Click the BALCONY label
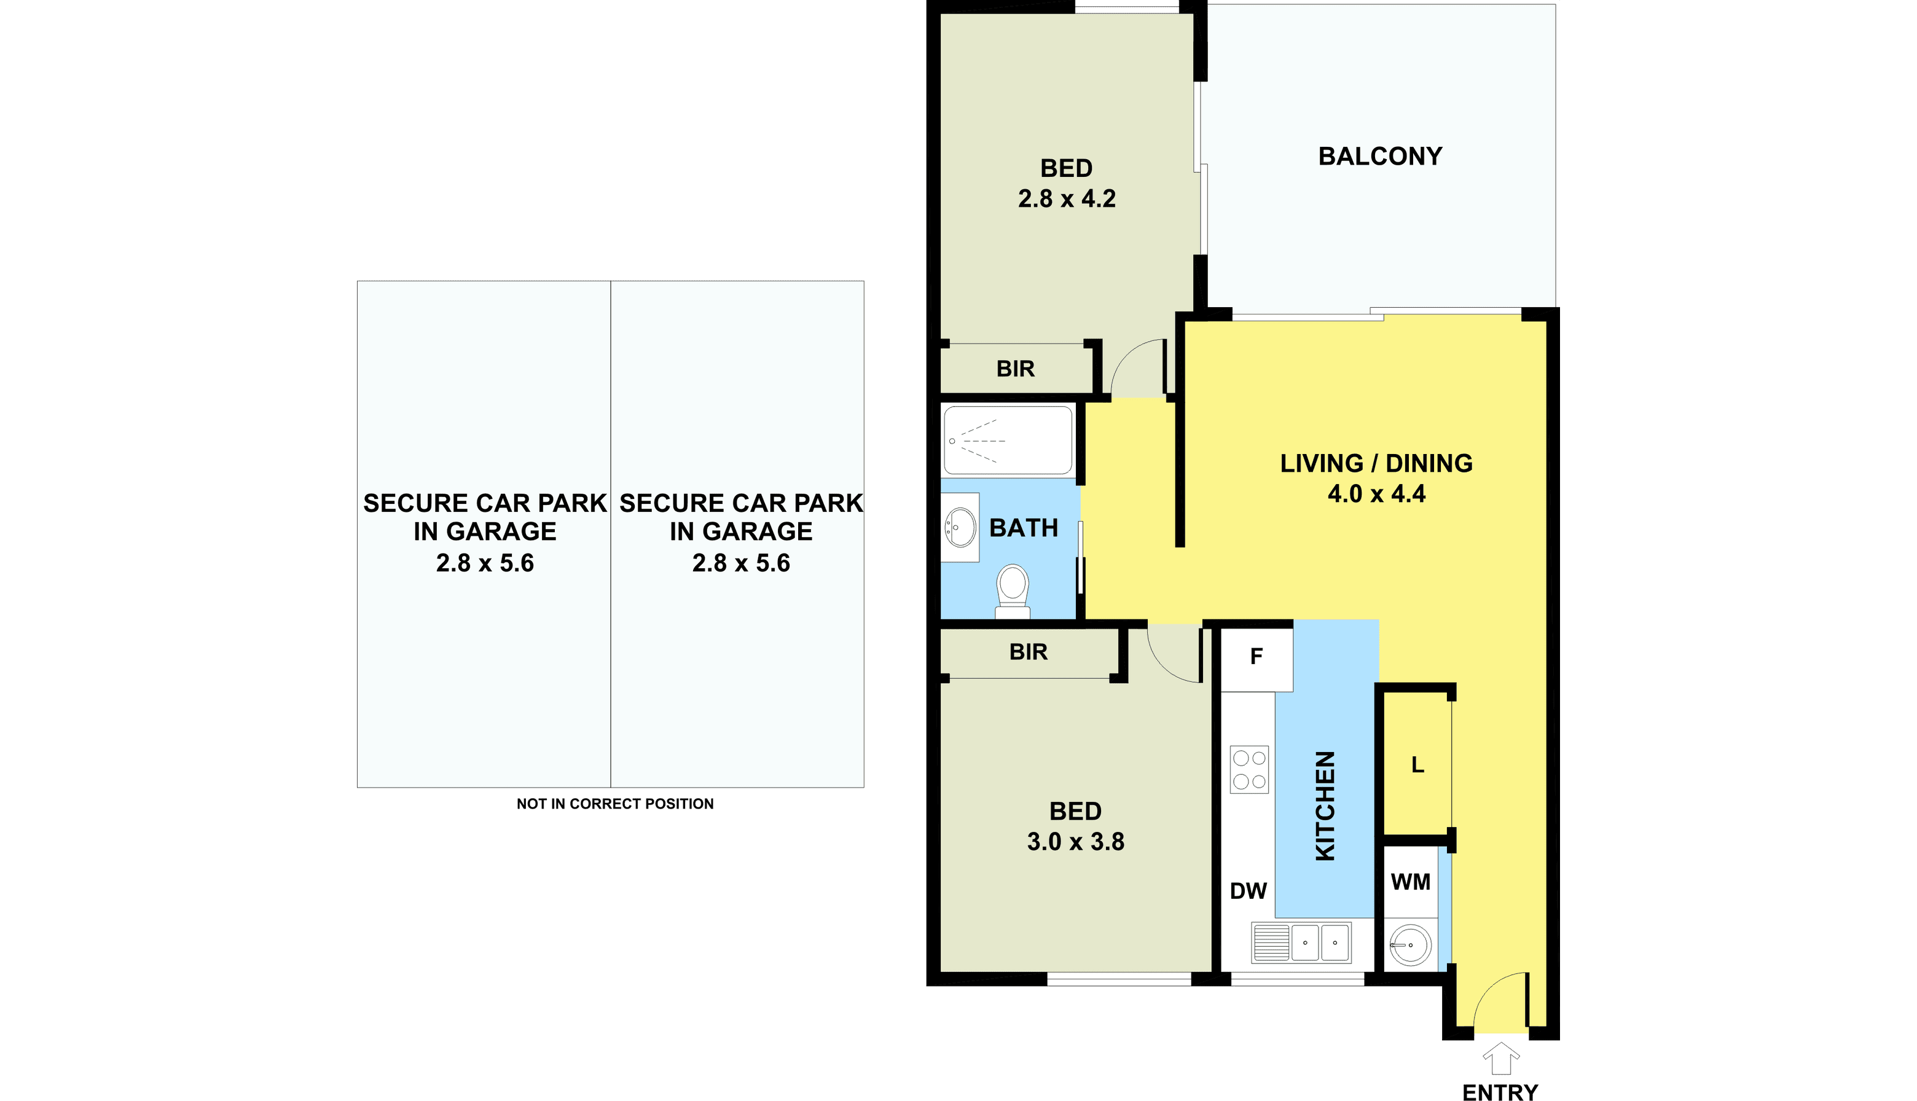(1380, 157)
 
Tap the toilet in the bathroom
(1013, 591)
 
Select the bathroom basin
(960, 527)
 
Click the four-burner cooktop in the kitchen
(1249, 770)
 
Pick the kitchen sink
(1301, 943)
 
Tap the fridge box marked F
(1257, 656)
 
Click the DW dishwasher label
(1249, 891)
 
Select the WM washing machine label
(1410, 882)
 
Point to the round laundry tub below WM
(1410, 944)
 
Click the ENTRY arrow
(1501, 1059)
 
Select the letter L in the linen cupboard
(1418, 766)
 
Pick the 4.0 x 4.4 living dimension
(1376, 494)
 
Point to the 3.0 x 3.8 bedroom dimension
(1075, 842)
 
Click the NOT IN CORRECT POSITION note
(615, 804)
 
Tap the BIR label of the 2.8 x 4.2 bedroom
(1015, 369)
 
